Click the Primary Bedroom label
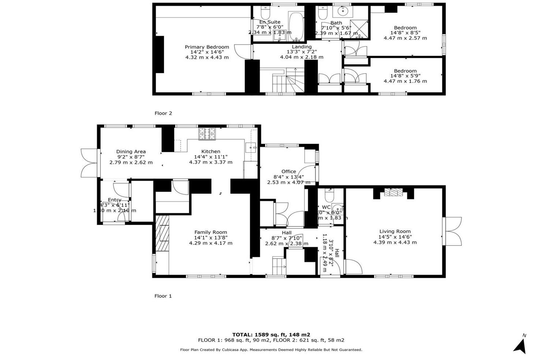[x=207, y=47]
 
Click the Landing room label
[x=302, y=46]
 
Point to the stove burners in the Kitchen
[x=207, y=134]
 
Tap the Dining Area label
[x=131, y=151]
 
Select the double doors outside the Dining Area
[x=89, y=163]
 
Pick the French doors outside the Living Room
[x=453, y=231]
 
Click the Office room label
[x=288, y=171]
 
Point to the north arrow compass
[x=520, y=346]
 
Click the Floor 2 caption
[x=163, y=113]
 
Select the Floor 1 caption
[x=163, y=296]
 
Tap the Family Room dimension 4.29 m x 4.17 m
[x=211, y=243]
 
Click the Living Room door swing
[x=354, y=267]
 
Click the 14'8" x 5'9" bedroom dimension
[x=405, y=76]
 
